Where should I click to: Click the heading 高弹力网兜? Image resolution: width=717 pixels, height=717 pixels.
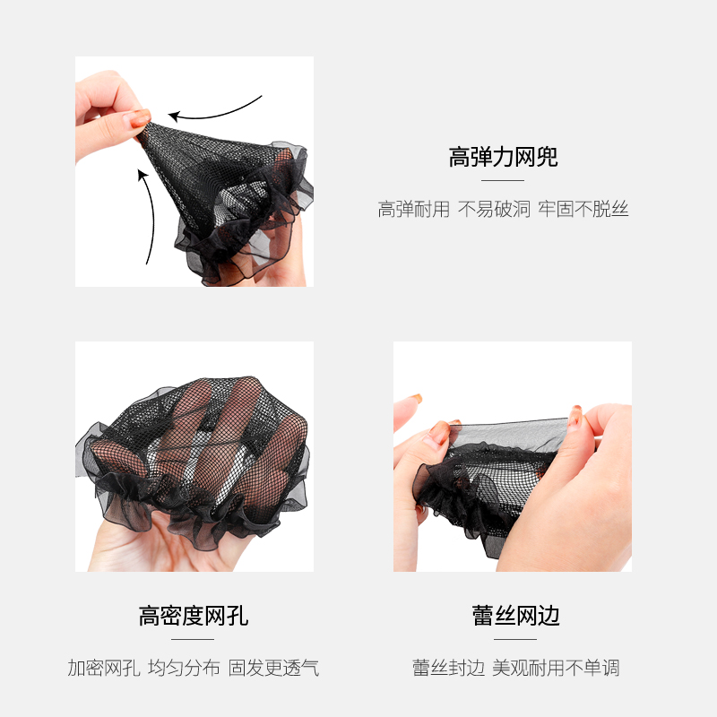click(503, 158)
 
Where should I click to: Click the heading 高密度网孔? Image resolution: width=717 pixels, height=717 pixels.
click(194, 616)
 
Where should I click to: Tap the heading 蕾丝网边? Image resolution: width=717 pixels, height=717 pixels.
click(515, 616)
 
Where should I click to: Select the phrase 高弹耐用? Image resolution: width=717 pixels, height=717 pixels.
click(413, 210)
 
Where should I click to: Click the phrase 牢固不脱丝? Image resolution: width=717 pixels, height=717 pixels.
click(583, 210)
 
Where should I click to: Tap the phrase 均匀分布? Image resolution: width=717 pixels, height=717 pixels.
click(184, 668)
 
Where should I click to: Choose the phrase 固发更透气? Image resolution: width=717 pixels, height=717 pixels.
click(273, 668)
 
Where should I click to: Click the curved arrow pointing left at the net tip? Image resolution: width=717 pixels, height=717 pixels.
click(215, 110)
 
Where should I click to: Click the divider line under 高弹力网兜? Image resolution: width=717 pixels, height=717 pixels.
click(503, 181)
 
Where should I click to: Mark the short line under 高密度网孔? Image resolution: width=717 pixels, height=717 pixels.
click(193, 639)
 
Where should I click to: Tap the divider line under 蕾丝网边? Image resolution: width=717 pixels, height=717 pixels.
click(515, 639)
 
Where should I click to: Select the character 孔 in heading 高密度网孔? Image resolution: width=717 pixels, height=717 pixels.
click(238, 616)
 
